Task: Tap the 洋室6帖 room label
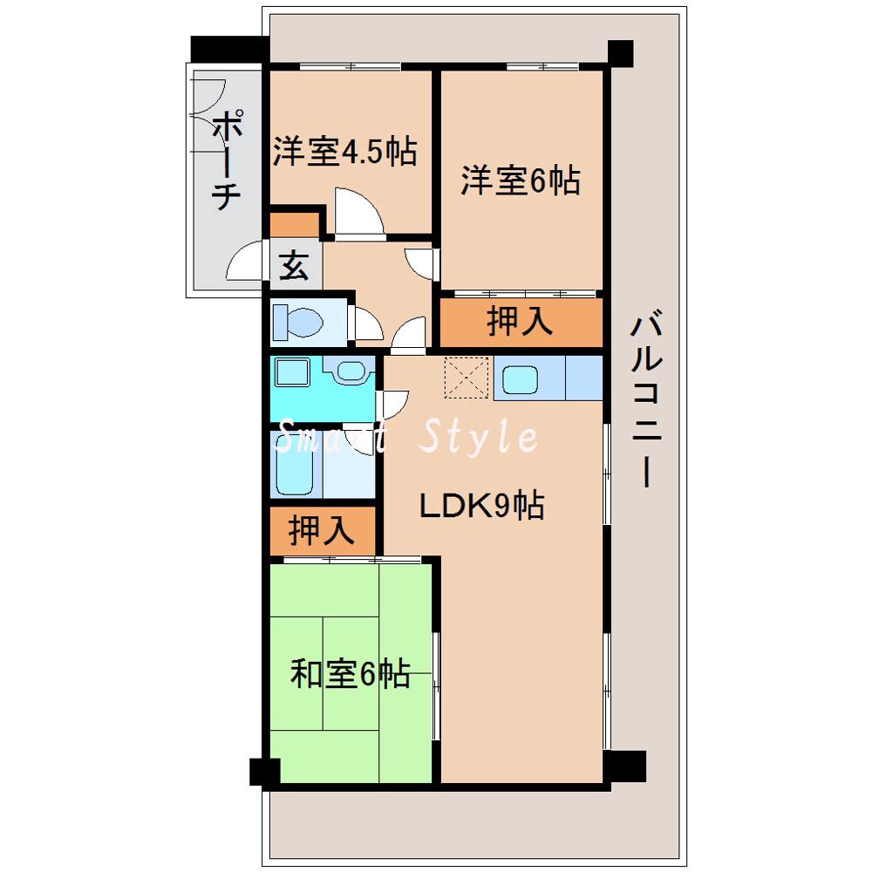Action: pyautogui.click(x=521, y=181)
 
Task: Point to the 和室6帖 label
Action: pyautogui.click(x=349, y=674)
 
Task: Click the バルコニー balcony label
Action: pyautogui.click(x=645, y=401)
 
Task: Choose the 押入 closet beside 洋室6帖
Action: pyautogui.click(x=520, y=322)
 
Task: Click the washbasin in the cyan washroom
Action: pyautogui.click(x=351, y=373)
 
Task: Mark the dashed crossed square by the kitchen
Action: pyautogui.click(x=467, y=377)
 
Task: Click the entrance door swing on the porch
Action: pyautogui.click(x=245, y=262)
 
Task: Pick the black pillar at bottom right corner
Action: pyautogui.click(x=625, y=766)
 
